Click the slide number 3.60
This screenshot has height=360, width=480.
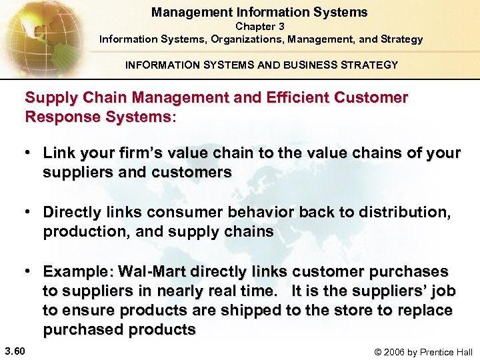15,351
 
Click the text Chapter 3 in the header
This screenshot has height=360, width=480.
260,27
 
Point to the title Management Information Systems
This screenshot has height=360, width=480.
259,12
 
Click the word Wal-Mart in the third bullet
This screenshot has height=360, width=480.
152,272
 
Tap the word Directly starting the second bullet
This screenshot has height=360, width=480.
70,212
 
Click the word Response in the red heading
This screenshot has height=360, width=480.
55,117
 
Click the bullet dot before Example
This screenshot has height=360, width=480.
30,271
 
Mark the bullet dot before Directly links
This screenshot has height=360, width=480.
30,212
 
